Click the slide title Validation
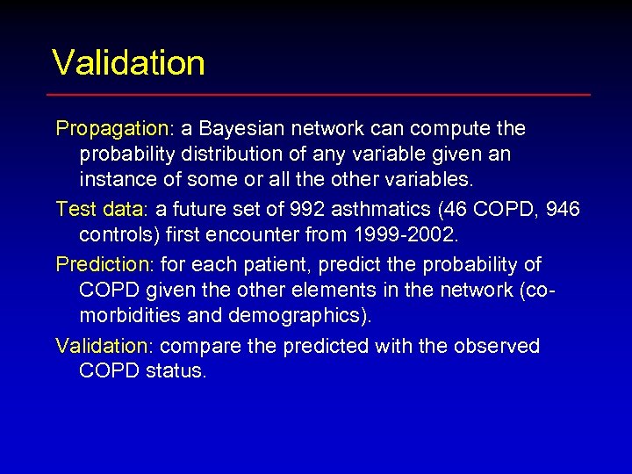(x=128, y=63)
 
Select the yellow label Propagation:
(x=115, y=129)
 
